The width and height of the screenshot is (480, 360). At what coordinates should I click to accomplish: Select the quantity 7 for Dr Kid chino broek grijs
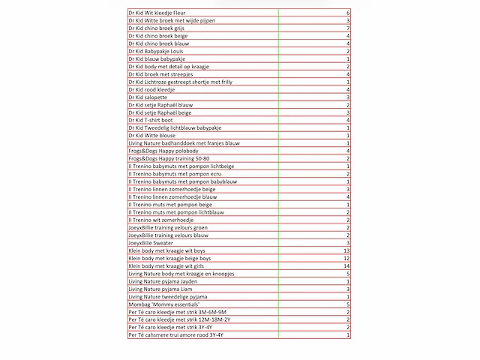(347, 28)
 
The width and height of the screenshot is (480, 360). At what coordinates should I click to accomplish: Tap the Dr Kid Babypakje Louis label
(156, 51)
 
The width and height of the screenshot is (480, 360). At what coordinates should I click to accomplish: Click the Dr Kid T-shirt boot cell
(150, 120)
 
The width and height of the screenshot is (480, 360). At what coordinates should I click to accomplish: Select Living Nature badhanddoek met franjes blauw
(184, 143)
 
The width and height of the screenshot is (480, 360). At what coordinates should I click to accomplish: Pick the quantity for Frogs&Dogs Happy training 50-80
(347, 159)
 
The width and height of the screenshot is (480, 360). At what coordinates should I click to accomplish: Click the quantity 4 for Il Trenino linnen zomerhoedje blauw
(347, 197)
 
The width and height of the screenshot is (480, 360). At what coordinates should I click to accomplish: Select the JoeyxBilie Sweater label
(150, 243)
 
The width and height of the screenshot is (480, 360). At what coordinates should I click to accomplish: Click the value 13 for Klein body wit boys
(346, 250)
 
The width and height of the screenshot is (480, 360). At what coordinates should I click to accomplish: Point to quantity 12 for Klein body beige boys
(346, 259)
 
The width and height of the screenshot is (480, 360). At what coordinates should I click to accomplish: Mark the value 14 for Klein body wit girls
(346, 266)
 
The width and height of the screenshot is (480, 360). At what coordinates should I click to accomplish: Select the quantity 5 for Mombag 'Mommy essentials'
(347, 304)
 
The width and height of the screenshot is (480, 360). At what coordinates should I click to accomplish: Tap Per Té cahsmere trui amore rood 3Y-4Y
(176, 335)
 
